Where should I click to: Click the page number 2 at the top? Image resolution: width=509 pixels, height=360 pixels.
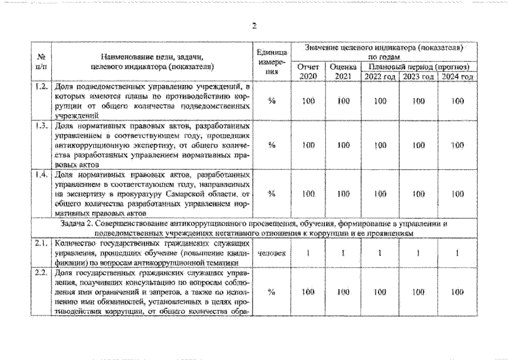254,25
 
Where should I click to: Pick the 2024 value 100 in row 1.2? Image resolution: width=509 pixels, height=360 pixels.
457,101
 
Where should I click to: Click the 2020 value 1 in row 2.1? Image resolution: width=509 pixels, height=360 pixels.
308,253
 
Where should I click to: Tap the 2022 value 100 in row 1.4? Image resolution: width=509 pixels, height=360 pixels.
380,193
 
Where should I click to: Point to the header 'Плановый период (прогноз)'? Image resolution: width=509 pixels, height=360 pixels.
418,67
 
